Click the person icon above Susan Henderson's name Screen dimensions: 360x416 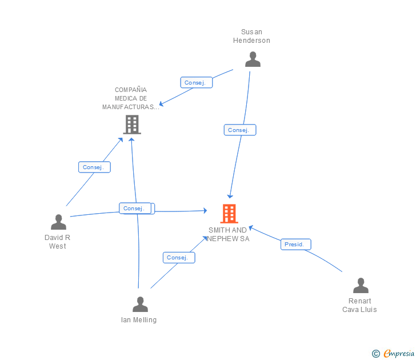pos(253,59)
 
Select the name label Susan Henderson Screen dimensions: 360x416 pos(251,36)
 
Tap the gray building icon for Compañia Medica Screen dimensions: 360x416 pos(132,124)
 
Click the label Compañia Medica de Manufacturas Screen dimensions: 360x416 pos(131,98)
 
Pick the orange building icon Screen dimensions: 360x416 pos(229,214)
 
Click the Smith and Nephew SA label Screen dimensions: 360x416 pos(228,234)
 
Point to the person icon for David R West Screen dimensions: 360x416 pos(58,222)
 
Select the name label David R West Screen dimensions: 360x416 pos(57,242)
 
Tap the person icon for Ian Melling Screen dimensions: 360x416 pos(140,304)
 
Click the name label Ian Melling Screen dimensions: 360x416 pos(139,320)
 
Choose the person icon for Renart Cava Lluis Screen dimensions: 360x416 pos(361,285)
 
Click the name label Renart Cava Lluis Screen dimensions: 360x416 pos(359,305)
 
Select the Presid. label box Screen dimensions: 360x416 pos(296,245)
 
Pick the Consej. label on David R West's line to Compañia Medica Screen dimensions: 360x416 pos(94,167)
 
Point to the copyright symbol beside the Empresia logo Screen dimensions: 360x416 pos(376,354)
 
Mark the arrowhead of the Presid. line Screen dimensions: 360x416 pos(250,227)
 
